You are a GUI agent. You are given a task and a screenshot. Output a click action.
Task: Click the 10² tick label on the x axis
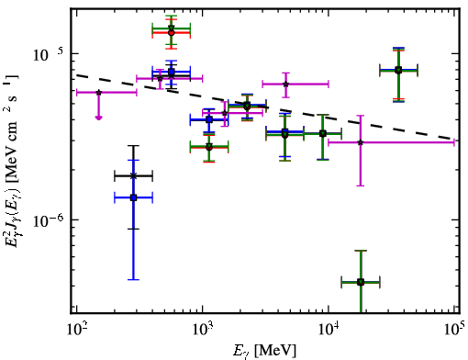tap(76, 330)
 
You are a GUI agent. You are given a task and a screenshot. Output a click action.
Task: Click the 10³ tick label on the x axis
tap(203, 330)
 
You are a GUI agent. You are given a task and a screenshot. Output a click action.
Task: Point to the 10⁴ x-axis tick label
tap(329, 330)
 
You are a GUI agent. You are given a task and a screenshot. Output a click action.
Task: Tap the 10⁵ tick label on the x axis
tap(453, 328)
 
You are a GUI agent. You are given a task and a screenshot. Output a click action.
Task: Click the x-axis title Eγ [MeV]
tap(264, 351)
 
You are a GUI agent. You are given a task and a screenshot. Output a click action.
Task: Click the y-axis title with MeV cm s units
tap(11, 160)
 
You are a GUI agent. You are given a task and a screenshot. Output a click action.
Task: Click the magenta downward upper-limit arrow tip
tap(98, 118)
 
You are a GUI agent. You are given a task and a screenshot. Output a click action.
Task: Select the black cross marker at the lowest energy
tap(133, 175)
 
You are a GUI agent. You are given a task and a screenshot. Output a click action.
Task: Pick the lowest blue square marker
tap(133, 197)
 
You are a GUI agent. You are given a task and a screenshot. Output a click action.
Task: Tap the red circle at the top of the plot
tap(172, 33)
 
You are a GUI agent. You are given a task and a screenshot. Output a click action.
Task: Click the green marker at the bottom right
tap(361, 282)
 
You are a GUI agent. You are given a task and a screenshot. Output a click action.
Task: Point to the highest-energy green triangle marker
tap(398, 70)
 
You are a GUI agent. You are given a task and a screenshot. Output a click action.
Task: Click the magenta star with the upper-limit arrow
tap(98, 92)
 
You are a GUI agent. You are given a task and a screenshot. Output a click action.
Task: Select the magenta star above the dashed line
tap(285, 84)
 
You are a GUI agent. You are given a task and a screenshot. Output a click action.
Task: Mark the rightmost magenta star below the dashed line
tap(361, 142)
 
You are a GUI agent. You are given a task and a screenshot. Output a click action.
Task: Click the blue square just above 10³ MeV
tap(209, 119)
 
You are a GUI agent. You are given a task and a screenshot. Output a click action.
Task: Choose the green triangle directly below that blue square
tap(209, 146)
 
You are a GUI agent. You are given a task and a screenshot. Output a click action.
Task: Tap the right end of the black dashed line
tap(454, 139)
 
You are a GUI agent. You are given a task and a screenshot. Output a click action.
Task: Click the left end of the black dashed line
tap(76, 75)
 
